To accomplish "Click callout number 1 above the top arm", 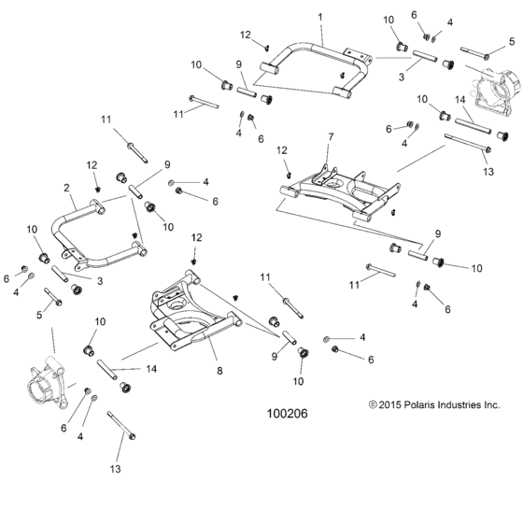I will (320, 18).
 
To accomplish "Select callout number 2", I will (67, 189).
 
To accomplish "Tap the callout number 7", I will (329, 137).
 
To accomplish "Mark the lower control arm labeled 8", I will (191, 313).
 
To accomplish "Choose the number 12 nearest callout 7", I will (280, 149).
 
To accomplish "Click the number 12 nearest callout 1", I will (245, 35).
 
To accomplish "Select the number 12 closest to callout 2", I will (92, 165).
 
